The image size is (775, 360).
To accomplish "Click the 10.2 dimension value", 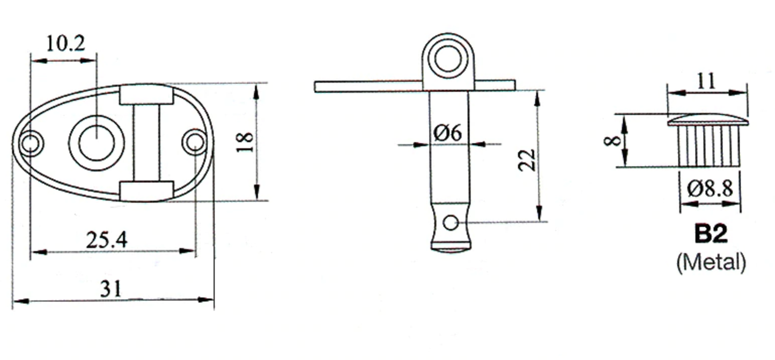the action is point(65,44).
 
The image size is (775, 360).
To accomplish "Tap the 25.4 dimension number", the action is point(107,240).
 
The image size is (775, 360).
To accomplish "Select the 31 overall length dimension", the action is point(111,289).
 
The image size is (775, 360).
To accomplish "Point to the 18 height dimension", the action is point(245,142).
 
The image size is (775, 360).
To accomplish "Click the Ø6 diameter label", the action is point(447,133).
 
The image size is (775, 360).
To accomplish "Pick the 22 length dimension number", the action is point(527,160).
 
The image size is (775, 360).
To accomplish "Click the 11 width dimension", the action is point(706,82).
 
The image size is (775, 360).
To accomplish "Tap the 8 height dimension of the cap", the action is point(612,141).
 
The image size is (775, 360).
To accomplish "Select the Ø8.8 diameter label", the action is point(710,189).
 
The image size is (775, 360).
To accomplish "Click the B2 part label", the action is point(711,234).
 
